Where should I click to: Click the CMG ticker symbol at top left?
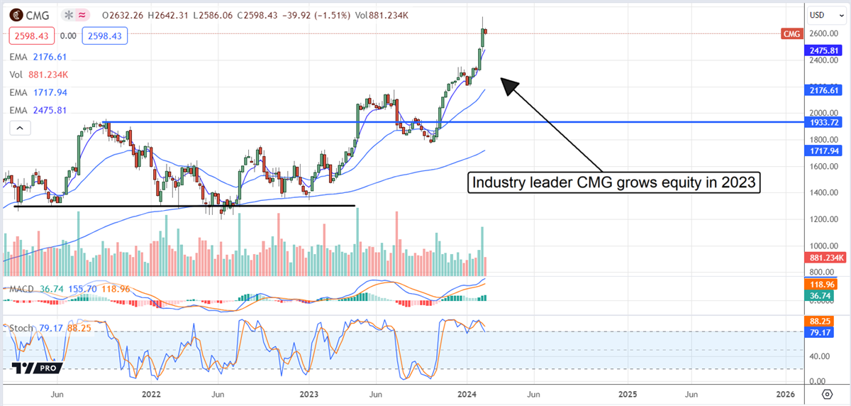(x=38, y=14)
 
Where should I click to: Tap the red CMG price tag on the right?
(x=791, y=34)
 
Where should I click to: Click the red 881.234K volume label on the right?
(x=823, y=259)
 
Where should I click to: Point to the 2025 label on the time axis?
(x=627, y=394)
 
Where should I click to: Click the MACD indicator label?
(x=20, y=289)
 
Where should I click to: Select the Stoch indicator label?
(x=20, y=328)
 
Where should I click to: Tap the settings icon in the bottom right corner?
(x=827, y=394)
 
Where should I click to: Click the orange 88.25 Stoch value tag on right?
(x=823, y=321)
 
